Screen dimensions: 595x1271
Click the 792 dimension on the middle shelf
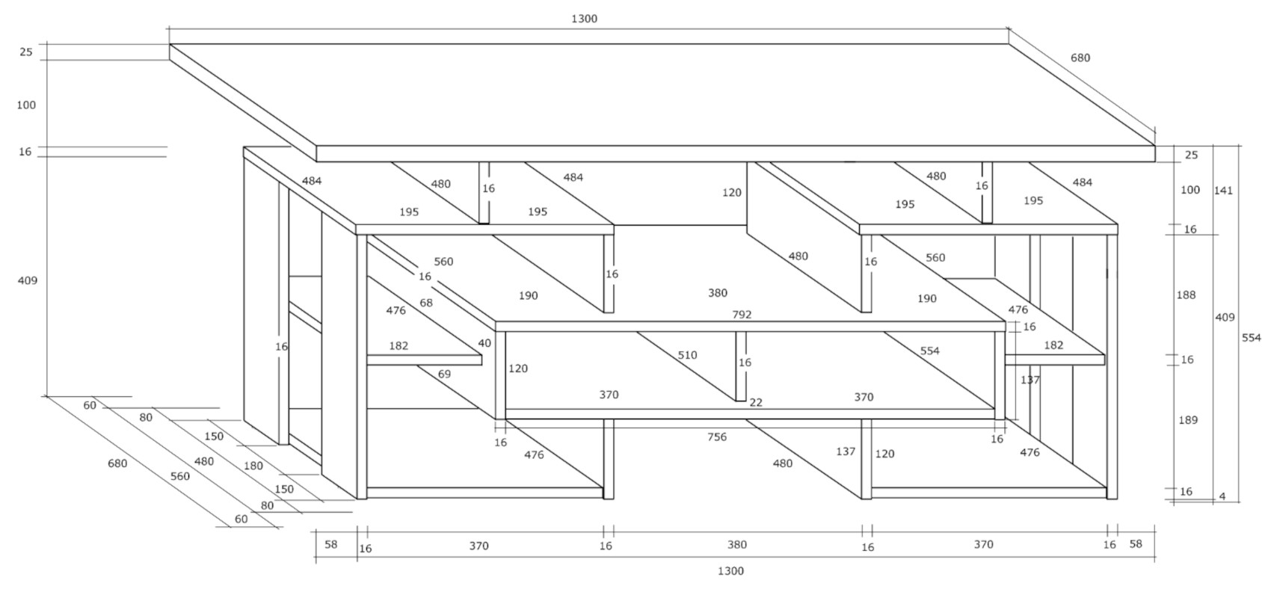(741, 315)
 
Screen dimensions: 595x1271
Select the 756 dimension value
(716, 437)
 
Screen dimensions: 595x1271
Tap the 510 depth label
(687, 355)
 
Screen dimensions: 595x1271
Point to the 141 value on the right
(1223, 191)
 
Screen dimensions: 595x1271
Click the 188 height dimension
(1186, 295)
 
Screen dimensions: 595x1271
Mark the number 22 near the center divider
(756, 402)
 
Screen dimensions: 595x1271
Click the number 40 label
(484, 343)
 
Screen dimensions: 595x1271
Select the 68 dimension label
(426, 303)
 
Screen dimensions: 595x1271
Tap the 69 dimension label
(444, 374)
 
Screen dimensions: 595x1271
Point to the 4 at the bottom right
(1222, 496)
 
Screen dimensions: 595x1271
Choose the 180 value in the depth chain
(253, 466)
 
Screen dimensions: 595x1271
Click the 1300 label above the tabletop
(584, 19)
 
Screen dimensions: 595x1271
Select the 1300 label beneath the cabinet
(730, 571)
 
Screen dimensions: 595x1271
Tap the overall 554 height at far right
(1251, 338)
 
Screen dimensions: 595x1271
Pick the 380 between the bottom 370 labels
(736, 545)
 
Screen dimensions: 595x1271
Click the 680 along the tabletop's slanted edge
(1080, 58)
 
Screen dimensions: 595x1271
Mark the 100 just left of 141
(1190, 190)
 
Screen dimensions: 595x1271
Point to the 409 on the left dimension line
(27, 280)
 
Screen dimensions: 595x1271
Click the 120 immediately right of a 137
(884, 454)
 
